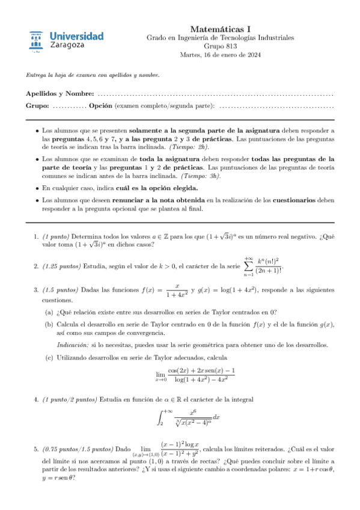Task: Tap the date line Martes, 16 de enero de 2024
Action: pyautogui.click(x=221, y=55)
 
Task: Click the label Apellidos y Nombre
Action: pyautogui.click(x=60, y=95)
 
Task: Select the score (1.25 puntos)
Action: pyautogui.click(x=63, y=266)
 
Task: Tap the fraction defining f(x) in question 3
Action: pyautogui.click(x=177, y=290)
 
